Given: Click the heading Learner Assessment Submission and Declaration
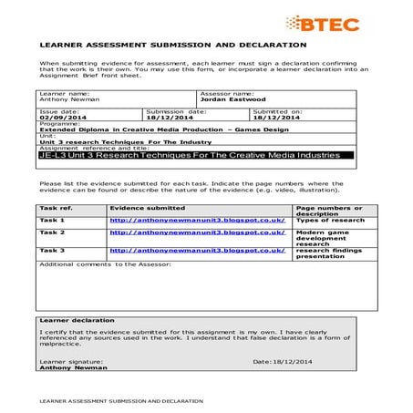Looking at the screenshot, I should (x=172, y=44).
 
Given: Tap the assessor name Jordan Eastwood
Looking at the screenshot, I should (x=232, y=99).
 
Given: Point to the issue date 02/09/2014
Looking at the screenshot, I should (x=60, y=118).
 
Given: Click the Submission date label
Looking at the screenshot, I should (x=178, y=111).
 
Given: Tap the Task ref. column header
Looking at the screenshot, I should (x=56, y=208).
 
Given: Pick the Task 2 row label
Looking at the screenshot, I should (x=52, y=233).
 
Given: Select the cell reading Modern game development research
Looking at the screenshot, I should (x=323, y=238).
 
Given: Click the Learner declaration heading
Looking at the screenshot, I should (x=77, y=320).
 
